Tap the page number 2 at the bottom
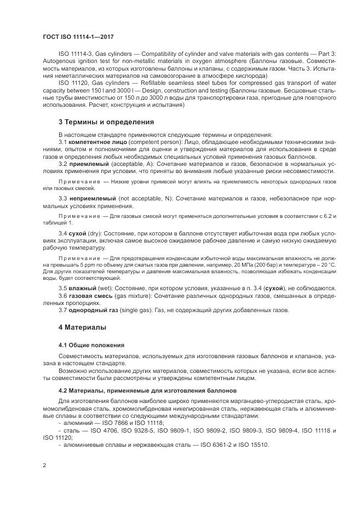44,465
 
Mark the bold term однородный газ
93,310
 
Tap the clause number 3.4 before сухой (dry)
62,234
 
